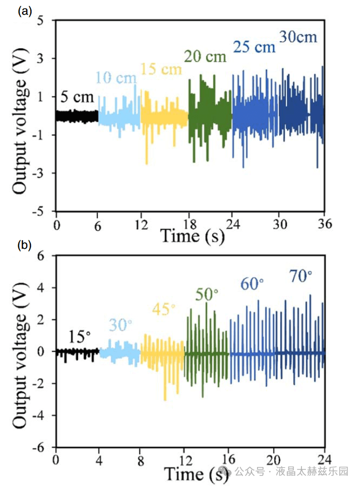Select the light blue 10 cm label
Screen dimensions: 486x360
[x=115, y=78]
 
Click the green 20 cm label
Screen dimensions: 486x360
[x=205, y=56]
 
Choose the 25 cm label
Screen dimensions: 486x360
[x=254, y=47]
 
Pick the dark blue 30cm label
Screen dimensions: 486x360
[x=298, y=37]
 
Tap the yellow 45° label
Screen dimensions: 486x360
[x=163, y=309]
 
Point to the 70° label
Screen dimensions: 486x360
[x=300, y=276]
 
